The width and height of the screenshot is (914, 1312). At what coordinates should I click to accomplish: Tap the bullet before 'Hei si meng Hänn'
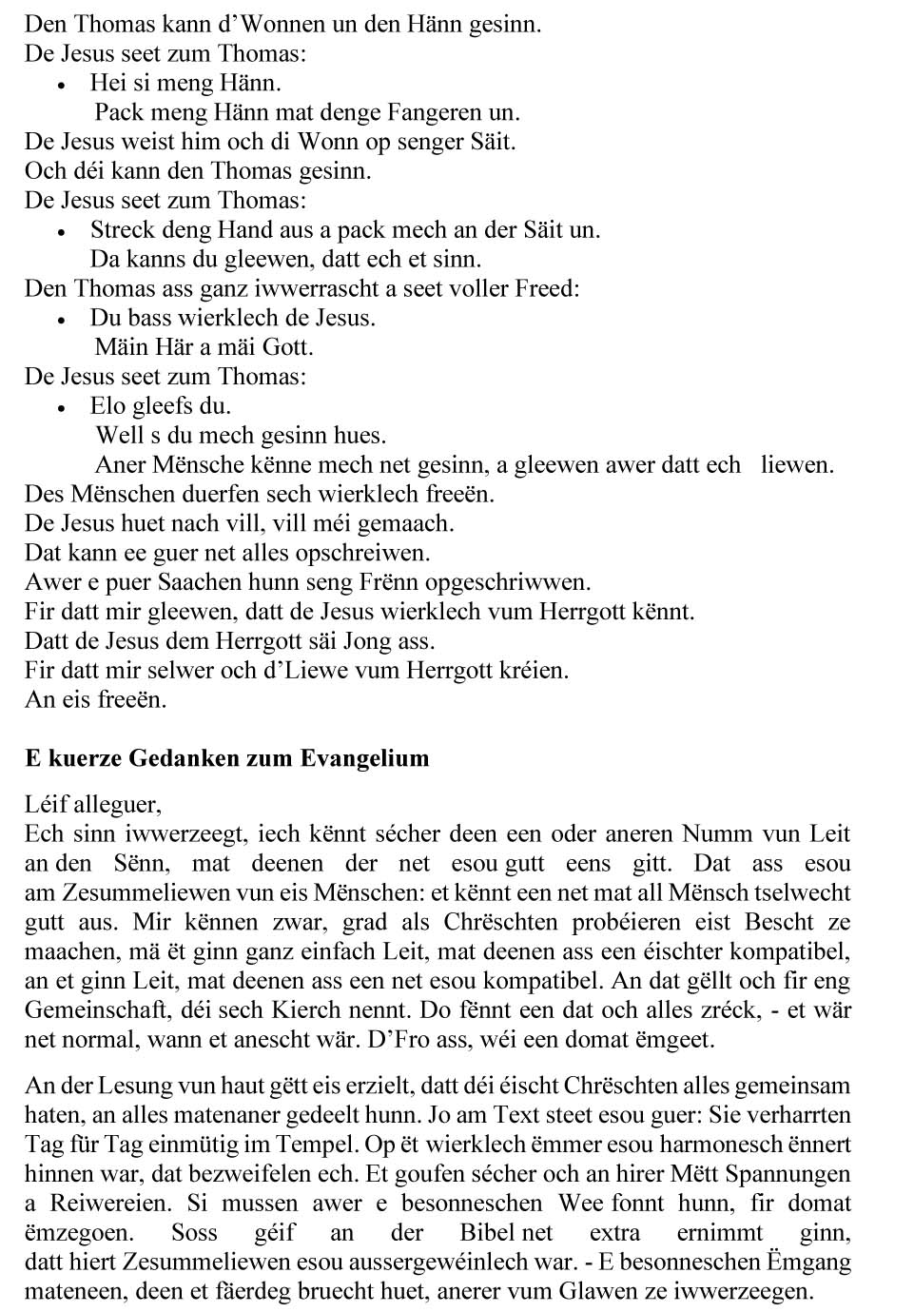62,85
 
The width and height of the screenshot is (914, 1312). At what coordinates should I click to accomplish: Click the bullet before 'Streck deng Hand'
62,231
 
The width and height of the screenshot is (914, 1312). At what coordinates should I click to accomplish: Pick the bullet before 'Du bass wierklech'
62,320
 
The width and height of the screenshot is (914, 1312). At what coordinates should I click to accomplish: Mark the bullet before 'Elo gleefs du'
62,408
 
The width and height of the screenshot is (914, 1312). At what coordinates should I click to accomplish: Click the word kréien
535,670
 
